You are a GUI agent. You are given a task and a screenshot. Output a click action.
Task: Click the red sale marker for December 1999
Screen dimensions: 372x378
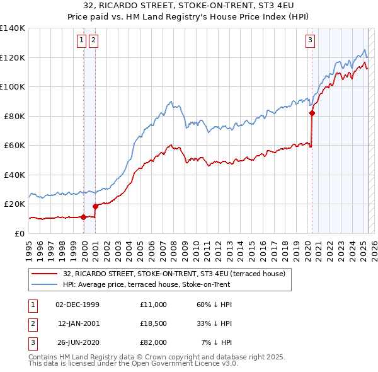[83, 217]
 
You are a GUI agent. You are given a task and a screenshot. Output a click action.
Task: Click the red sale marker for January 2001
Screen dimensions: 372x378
[96, 206]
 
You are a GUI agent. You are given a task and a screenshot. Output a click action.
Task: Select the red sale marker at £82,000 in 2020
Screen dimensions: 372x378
[312, 113]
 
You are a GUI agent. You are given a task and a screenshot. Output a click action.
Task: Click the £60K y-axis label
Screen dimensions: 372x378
[15, 145]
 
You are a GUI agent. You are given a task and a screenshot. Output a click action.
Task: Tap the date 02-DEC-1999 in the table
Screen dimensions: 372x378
[77, 305]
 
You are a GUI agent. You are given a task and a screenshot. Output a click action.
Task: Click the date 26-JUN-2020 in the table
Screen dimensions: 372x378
[77, 342]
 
